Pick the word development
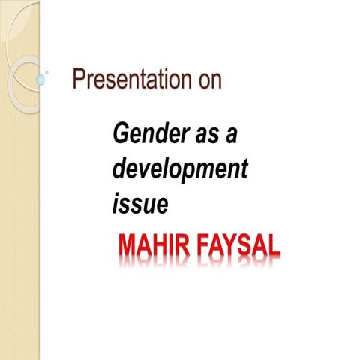click(179, 170)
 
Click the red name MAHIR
click(150, 245)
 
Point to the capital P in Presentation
click(78, 80)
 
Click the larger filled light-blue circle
click(40, 78)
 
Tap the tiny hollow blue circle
click(47, 72)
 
